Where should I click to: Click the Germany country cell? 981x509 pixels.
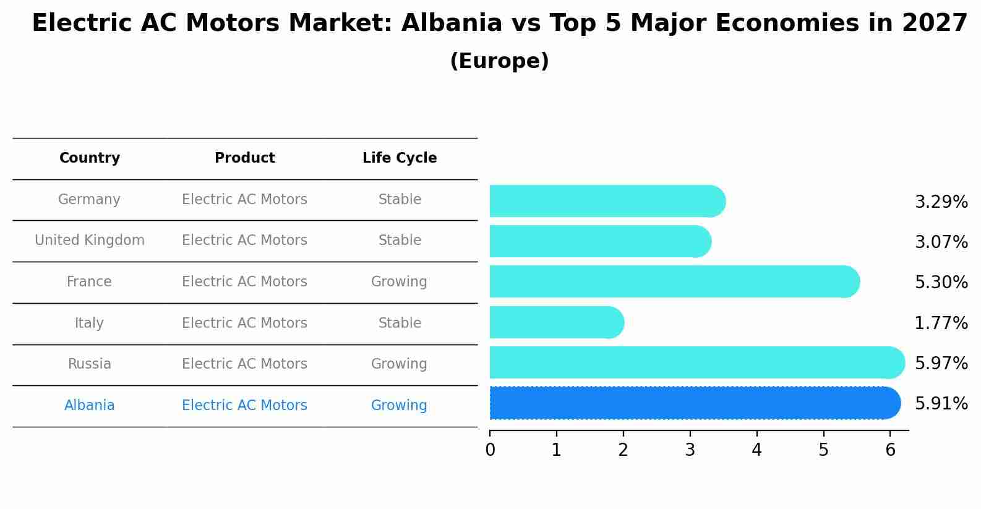pyautogui.click(x=89, y=200)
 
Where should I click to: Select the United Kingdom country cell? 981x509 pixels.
pyautogui.click(x=89, y=241)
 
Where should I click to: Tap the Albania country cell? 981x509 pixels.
pyautogui.click(x=89, y=406)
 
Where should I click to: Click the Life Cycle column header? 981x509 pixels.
pyautogui.click(x=400, y=158)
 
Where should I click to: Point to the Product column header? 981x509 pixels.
pyautogui.click(x=244, y=158)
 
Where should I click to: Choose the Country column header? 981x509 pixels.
pyautogui.click(x=89, y=158)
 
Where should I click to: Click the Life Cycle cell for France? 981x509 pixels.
pyautogui.click(x=399, y=282)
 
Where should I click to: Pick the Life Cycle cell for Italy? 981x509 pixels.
pyautogui.click(x=400, y=323)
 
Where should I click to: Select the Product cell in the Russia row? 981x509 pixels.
pyautogui.click(x=244, y=364)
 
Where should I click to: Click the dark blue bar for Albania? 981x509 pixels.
pyautogui.click(x=693, y=403)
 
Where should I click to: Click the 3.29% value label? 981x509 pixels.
pyautogui.click(x=941, y=202)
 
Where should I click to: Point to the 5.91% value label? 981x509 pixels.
pyautogui.click(x=941, y=404)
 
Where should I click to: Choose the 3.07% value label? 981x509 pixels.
pyautogui.click(x=941, y=242)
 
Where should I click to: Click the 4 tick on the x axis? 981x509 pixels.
pyautogui.click(x=756, y=450)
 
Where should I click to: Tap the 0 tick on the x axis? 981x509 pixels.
pyautogui.click(x=490, y=450)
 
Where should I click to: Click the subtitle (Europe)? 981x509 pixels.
pyautogui.click(x=499, y=61)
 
